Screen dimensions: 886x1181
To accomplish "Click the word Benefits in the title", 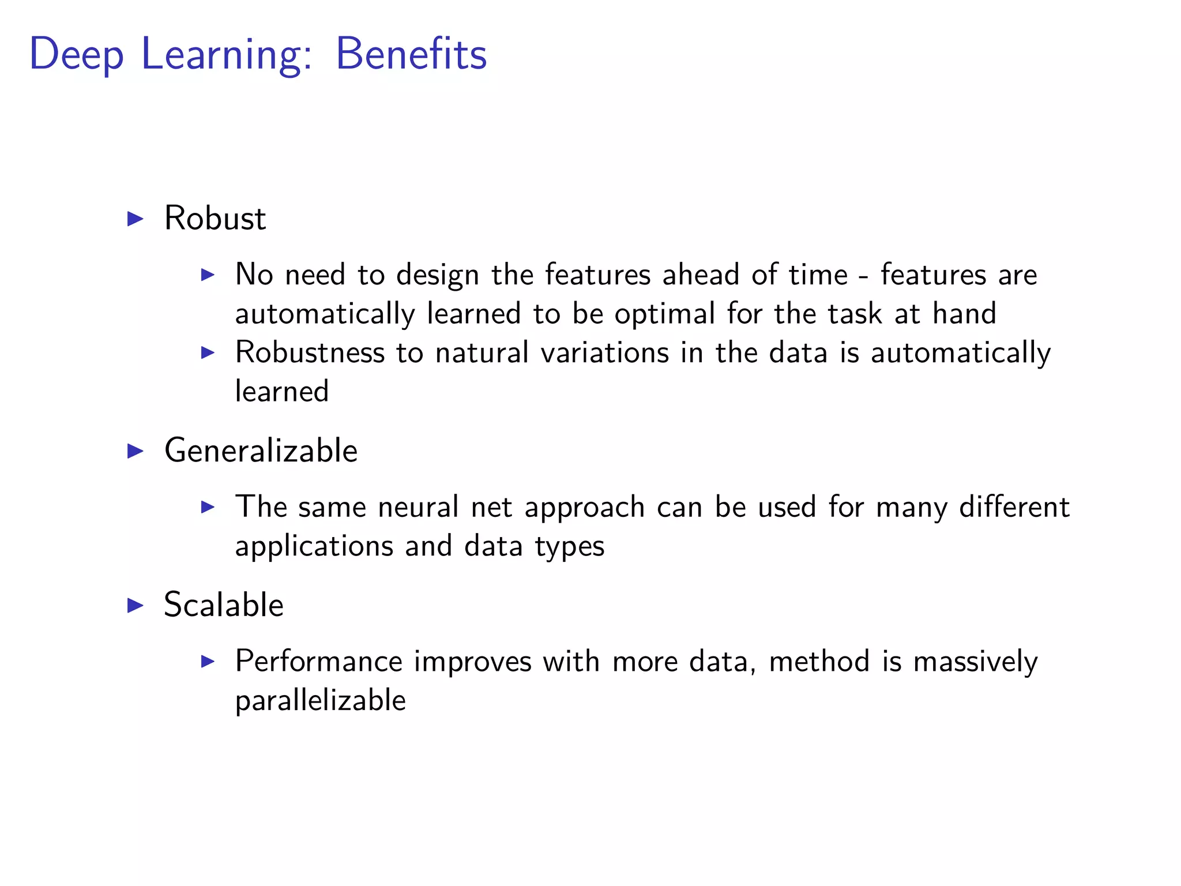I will tap(411, 54).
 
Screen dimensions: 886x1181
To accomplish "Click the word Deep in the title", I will tap(76, 55).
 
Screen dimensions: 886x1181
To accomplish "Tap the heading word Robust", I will tap(215, 219).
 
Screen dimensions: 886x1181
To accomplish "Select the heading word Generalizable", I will tap(261, 450).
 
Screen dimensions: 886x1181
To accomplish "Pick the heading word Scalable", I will tap(224, 605).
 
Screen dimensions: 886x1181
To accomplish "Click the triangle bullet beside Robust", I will tap(135, 219).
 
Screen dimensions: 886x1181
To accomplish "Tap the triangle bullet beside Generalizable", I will tap(135, 450).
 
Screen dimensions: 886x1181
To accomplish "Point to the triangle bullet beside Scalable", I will tap(135, 605).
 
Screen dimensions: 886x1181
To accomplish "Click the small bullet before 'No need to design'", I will tap(208, 275).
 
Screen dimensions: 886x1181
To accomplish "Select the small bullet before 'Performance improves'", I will tap(208, 661).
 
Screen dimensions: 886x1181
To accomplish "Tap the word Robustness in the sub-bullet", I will tap(310, 352).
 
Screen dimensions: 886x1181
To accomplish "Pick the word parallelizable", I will tap(320, 701).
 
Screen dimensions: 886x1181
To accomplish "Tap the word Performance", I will tap(318, 662).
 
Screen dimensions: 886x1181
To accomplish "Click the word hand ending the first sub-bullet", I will tap(964, 314).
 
